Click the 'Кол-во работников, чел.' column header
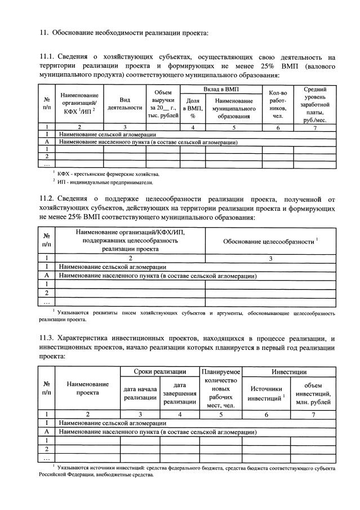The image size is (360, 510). tap(278, 104)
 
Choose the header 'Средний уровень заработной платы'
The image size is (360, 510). tap(315, 104)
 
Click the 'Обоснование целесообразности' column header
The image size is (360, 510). tap(270, 242)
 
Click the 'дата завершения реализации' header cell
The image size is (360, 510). tap(180, 393)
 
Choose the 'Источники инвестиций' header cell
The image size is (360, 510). tap(266, 393)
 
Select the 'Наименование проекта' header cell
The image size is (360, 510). tap(87, 388)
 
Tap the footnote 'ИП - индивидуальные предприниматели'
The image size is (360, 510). tap(104, 183)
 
